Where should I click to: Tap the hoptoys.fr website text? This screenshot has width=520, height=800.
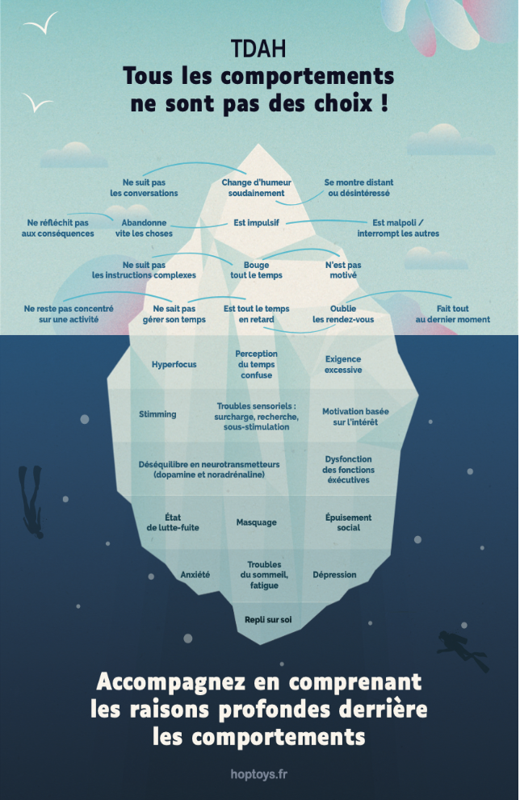[x=258, y=774]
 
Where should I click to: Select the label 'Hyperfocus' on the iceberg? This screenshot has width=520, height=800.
[x=174, y=365]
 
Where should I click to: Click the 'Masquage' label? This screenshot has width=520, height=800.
[x=257, y=522]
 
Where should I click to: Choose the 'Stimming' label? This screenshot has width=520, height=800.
[x=157, y=414]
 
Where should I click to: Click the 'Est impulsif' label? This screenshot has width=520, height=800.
[x=257, y=223]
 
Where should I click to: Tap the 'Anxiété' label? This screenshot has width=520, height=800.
[x=195, y=575]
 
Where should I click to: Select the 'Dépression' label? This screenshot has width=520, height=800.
[x=334, y=575]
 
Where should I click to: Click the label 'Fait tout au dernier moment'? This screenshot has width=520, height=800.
[x=453, y=314]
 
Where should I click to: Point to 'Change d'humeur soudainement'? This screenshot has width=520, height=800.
[x=257, y=188]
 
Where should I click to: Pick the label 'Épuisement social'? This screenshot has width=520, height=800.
[x=349, y=522]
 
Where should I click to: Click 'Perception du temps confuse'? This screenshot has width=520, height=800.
[x=257, y=365]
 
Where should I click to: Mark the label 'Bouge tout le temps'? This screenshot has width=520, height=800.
[x=257, y=270]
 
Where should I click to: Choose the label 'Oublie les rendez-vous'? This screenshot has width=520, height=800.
[x=343, y=314]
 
